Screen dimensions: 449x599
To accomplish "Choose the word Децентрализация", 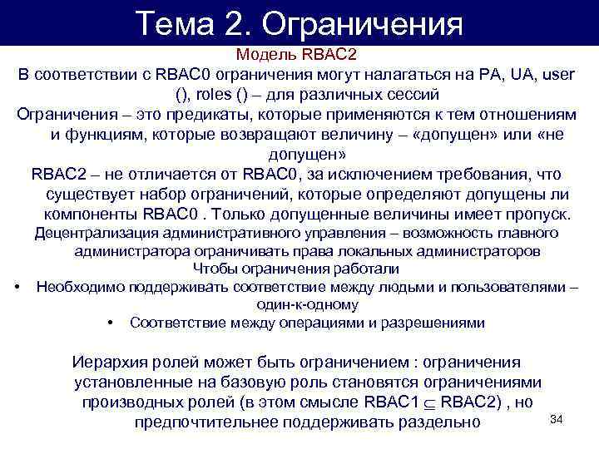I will point(97,234).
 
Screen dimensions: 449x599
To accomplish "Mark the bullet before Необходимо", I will point(18,287).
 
